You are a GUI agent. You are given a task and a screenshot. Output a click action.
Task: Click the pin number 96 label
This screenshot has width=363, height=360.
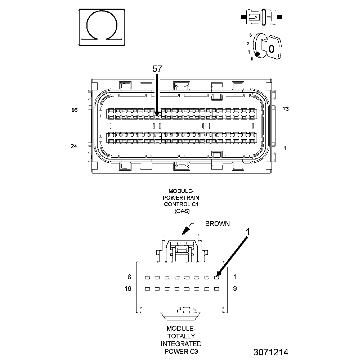[x=75, y=110]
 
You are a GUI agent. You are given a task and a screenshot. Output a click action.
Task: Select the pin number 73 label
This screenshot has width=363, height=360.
[x=286, y=109]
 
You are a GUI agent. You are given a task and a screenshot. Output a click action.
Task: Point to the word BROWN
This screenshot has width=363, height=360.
[x=217, y=224]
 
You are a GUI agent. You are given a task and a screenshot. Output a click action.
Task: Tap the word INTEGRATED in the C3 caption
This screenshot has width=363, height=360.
[x=181, y=343]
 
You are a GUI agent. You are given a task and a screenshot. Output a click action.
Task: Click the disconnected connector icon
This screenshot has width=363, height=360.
[x=262, y=17]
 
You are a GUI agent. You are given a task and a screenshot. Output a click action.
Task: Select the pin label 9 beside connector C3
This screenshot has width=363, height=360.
[x=235, y=289]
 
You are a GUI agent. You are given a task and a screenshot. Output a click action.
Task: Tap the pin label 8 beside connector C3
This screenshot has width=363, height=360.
[x=129, y=277]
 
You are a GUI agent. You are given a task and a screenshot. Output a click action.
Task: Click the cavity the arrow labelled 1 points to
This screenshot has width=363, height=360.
[x=217, y=277]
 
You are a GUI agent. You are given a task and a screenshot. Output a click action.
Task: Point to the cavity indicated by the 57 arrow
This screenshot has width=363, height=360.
[x=157, y=116]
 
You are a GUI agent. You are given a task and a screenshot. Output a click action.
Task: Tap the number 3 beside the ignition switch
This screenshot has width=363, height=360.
[x=250, y=36]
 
